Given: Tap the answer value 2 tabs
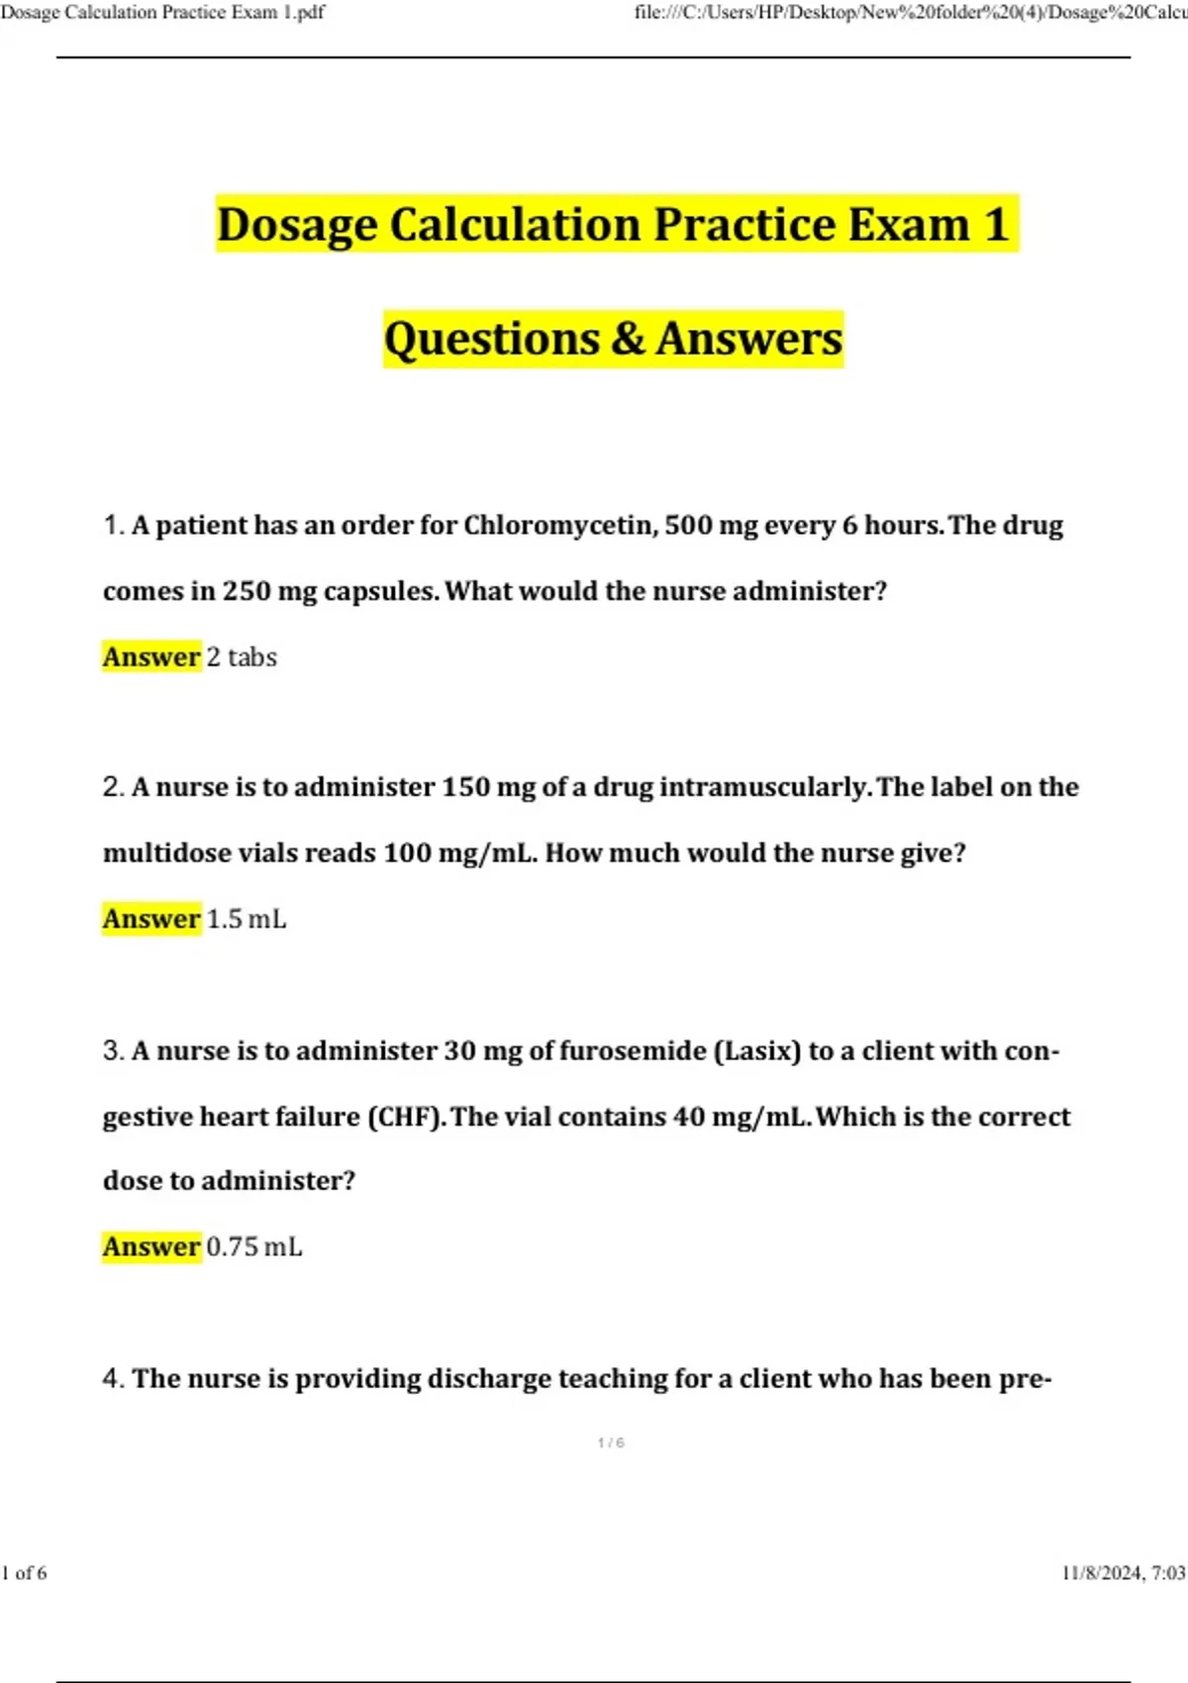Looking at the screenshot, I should click(x=242, y=656).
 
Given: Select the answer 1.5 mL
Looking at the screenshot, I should click(x=247, y=919).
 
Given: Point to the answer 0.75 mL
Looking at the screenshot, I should click(x=253, y=1246).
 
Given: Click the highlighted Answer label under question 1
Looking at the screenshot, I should click(x=151, y=656).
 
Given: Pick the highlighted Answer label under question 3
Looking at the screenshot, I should click(x=151, y=1246).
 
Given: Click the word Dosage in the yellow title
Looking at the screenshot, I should click(x=296, y=225).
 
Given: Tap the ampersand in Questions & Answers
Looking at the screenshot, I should click(x=628, y=339).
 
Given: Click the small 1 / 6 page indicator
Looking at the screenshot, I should click(x=611, y=1443).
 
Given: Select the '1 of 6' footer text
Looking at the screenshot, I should click(x=25, y=1573).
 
